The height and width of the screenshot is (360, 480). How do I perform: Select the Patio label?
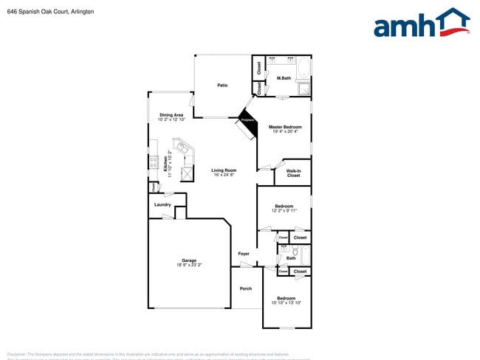pos(222,86)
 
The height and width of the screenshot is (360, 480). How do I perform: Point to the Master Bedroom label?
pos(284,127)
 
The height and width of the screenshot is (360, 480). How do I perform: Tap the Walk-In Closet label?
pos(293,173)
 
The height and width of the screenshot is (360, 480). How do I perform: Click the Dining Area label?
pos(171,115)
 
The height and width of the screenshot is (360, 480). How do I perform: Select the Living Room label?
pos(224,170)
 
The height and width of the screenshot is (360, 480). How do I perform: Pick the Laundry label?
pos(162,204)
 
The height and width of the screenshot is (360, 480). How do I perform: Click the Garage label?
pos(189,260)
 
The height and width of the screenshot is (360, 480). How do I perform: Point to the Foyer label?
pos(244,254)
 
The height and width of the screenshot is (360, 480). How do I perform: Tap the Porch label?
pos(246,288)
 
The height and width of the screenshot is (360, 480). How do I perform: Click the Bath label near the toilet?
pos(291,258)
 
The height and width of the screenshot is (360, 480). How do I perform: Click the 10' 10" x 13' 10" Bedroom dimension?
pos(286,302)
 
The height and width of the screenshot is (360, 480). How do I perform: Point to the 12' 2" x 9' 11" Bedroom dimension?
pos(284,210)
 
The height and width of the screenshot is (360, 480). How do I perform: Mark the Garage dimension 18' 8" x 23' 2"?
pos(189,264)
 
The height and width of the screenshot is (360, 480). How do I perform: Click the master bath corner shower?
pos(304,89)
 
